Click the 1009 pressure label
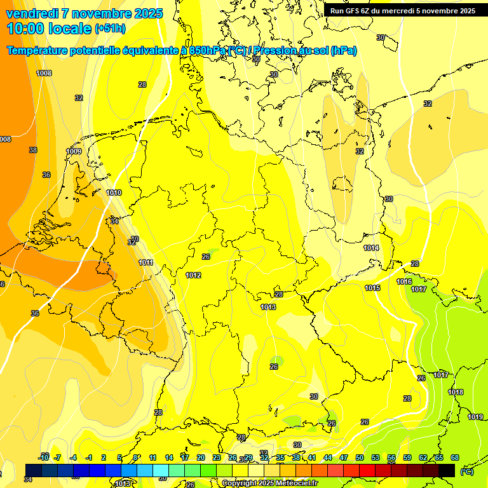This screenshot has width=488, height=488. (x=74, y=152)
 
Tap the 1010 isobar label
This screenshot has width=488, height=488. (x=114, y=193)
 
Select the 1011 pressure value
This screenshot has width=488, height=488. (x=146, y=262)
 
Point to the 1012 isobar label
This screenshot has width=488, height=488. (x=194, y=275)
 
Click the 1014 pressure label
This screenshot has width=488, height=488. (x=372, y=248)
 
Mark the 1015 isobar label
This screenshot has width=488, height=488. (x=372, y=288)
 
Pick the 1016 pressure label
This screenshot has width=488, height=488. (x=404, y=281)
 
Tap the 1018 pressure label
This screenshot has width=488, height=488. (x=456, y=392)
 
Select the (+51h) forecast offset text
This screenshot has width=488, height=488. (x=110, y=29)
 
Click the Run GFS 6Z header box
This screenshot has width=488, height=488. (x=402, y=11)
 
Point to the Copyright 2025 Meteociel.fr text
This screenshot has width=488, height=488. (x=270, y=484)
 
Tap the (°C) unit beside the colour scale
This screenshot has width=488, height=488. (x=466, y=471)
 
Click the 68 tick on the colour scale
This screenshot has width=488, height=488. (x=455, y=457)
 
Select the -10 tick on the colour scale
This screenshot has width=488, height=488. (x=44, y=457)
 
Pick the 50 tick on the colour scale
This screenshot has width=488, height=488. (x=360, y=457)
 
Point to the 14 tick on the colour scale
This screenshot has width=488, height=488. (x=169, y=457)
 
